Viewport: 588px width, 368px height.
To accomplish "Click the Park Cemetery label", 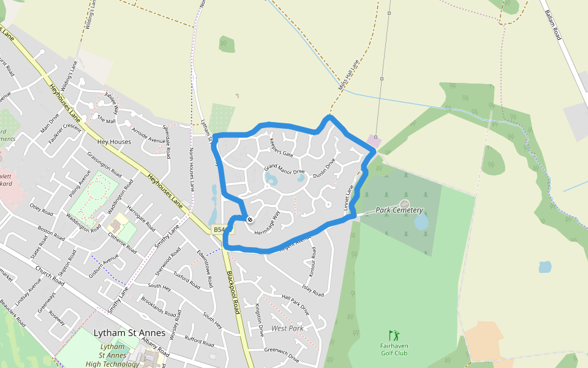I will pyautogui.click(x=399, y=210).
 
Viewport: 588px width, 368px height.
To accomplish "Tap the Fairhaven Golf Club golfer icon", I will pyautogui.click(x=394, y=335).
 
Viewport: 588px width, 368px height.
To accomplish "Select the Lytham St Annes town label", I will pyautogui.click(x=129, y=333).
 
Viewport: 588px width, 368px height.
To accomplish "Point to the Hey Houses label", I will pyautogui.click(x=115, y=142).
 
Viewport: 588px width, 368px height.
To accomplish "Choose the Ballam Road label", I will pyautogui.click(x=552, y=25).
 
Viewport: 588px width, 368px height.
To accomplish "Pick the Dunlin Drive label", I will pyautogui.click(x=324, y=169).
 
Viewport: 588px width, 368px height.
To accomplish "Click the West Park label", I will pyautogui.click(x=287, y=329).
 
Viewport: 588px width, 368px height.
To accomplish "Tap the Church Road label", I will pyautogui.click(x=50, y=272).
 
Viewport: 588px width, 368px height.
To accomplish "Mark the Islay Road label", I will pyautogui.click(x=312, y=289).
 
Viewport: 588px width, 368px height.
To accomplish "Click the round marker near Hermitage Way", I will pyautogui.click(x=250, y=219).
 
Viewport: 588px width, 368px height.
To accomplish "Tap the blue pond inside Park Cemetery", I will pyautogui.click(x=421, y=222).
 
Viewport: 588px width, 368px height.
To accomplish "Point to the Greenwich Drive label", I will pyautogui.click(x=281, y=355).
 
